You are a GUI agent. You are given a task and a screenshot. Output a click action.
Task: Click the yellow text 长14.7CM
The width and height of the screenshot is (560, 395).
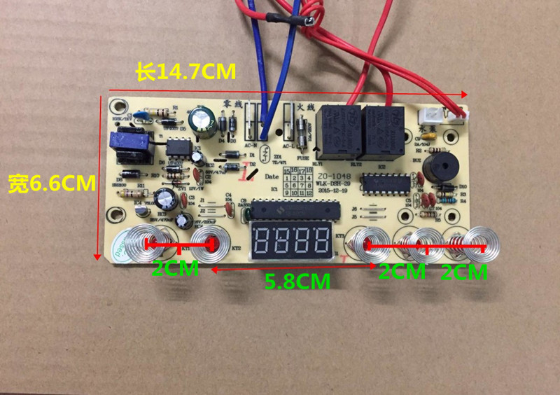186,72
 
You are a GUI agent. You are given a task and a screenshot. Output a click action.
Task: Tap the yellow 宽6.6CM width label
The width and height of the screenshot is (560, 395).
50,183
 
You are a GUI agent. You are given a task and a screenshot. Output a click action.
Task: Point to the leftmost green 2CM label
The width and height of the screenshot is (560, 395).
176,268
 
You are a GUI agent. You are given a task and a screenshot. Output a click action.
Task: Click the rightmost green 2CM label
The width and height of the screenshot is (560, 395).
464,272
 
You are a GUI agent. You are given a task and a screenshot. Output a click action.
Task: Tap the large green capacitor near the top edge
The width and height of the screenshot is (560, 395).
206,120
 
